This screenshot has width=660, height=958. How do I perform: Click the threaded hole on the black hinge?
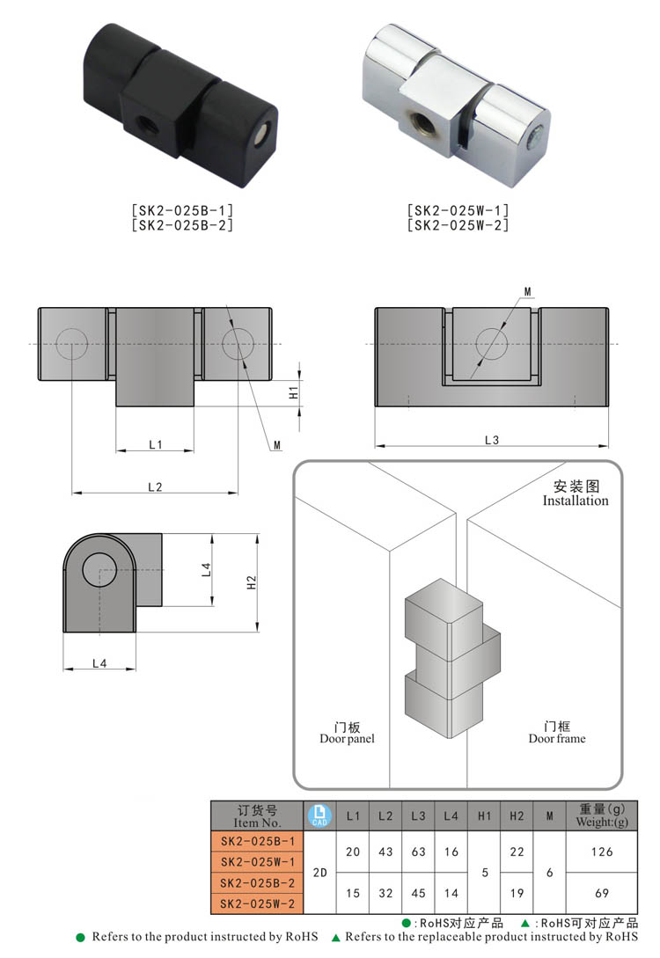[x=140, y=124]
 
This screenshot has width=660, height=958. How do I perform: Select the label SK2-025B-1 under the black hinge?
[x=182, y=211]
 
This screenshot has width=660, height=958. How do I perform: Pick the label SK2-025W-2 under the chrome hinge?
[x=458, y=225]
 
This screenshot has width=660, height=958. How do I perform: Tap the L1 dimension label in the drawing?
[x=155, y=445]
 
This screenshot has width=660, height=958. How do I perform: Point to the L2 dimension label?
[x=155, y=486]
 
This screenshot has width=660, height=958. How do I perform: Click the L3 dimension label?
[x=491, y=440]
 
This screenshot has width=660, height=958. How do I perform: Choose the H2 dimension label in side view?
[x=251, y=581]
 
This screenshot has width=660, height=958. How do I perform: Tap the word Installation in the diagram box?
[x=576, y=501]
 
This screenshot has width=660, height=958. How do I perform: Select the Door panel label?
[x=347, y=739]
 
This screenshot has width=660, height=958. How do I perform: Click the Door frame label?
[x=556, y=739]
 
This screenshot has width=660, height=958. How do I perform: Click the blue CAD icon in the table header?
[x=319, y=816]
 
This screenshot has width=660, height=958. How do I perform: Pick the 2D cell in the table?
[x=319, y=874]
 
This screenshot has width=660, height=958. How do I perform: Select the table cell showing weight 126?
[x=602, y=852]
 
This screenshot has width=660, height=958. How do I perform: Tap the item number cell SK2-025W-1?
[x=257, y=862]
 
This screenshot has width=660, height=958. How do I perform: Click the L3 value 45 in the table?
[x=418, y=894]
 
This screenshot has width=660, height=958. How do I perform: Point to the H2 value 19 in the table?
[x=517, y=894]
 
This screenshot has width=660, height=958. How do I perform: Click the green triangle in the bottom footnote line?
[x=335, y=938]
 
